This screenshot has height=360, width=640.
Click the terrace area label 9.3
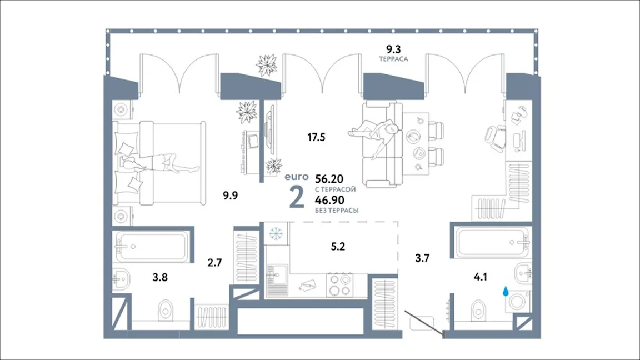tap(393, 49)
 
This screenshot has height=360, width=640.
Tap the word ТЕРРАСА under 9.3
tap(393, 59)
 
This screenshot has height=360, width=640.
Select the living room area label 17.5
tap(316, 137)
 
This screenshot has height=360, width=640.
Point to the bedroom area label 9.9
tap(230, 196)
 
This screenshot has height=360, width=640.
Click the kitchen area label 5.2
tap(338, 247)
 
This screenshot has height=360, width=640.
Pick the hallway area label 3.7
tap(422, 258)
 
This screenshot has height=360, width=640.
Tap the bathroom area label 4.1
tap(481, 277)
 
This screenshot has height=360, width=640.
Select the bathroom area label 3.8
tap(160, 278)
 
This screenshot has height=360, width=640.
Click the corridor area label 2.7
tap(214, 262)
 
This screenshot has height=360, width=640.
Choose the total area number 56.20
tap(329, 179)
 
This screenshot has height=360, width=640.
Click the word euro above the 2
tap(296, 177)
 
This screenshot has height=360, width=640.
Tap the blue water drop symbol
tap(506, 291)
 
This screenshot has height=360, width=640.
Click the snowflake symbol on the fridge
tap(276, 233)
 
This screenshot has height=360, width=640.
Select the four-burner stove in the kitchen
tap(340, 285)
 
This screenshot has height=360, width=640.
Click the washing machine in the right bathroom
tap(518, 302)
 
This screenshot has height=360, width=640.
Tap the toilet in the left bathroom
tap(166, 311)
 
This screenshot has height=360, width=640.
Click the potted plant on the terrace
tap(267, 64)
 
